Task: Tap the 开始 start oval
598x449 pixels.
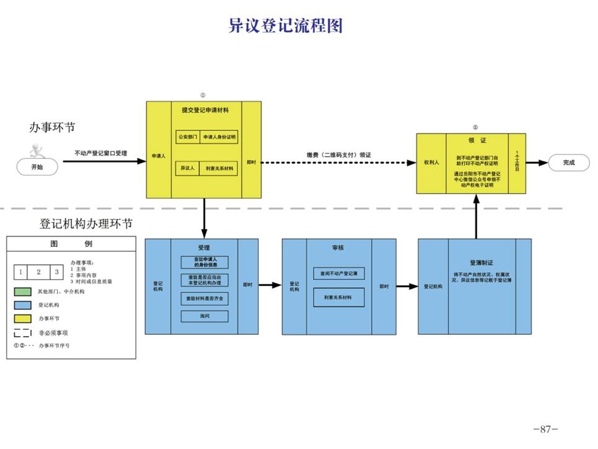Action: (37, 166)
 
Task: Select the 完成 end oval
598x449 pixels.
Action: (568, 162)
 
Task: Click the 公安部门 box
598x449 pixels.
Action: (188, 136)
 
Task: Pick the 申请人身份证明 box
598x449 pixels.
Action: (219, 136)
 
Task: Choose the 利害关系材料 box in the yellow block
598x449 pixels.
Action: (219, 168)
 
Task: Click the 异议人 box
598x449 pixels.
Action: (188, 168)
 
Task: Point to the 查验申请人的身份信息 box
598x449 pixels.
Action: (204, 262)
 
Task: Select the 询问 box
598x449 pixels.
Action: (204, 316)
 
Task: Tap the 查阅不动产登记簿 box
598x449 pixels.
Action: (338, 273)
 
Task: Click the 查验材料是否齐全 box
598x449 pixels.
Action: (204, 298)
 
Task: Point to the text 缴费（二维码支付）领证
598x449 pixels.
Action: (338, 155)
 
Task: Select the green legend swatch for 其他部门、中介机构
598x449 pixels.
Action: (22, 291)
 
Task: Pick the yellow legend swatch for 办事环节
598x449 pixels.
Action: (22, 318)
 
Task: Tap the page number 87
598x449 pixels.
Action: (545, 429)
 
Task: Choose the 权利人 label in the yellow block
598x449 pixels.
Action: (431, 162)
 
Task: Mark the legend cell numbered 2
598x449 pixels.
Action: (38, 272)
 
